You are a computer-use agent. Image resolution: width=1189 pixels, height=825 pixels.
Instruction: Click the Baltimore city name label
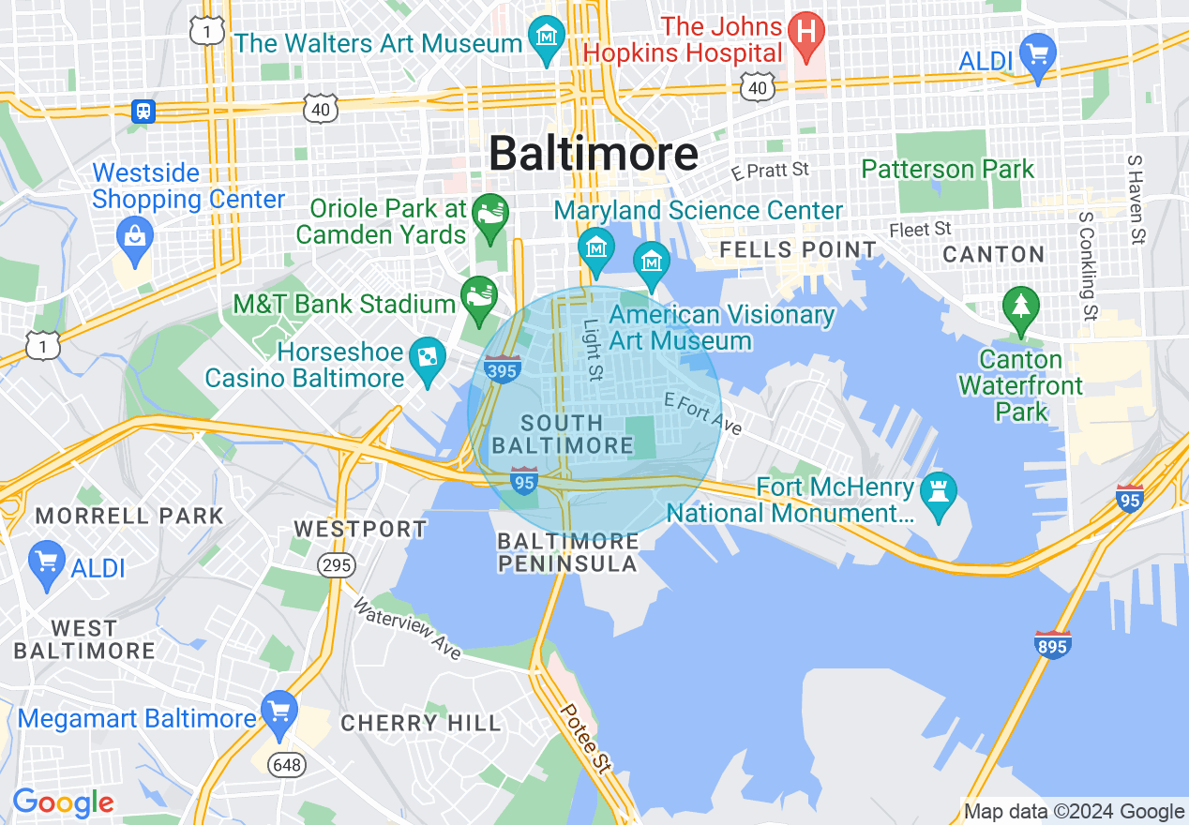click(594, 153)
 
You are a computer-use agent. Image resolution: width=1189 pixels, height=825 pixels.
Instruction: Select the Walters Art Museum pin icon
click(547, 38)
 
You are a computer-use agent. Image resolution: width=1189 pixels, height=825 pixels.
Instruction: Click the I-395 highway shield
click(504, 368)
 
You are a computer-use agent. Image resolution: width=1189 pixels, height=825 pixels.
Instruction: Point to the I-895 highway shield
click(1053, 644)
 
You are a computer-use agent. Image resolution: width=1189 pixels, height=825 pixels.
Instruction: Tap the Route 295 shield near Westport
click(335, 565)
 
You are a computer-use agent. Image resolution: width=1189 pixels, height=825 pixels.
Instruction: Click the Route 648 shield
click(286, 764)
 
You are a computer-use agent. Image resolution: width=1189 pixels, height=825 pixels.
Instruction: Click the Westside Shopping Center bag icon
click(136, 234)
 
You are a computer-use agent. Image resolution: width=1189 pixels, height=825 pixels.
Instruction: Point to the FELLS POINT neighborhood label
click(798, 249)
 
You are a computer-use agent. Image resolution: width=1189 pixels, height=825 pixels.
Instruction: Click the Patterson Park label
click(947, 169)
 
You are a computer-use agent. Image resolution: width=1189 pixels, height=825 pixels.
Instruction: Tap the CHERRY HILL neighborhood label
click(421, 723)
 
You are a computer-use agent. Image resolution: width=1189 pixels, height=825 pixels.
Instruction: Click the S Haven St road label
click(1136, 200)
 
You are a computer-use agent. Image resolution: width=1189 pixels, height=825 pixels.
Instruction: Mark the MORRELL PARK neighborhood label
click(129, 516)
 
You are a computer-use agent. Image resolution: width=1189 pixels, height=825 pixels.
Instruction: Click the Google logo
click(62, 802)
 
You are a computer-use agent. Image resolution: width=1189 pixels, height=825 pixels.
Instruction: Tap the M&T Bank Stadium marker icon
click(479, 295)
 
